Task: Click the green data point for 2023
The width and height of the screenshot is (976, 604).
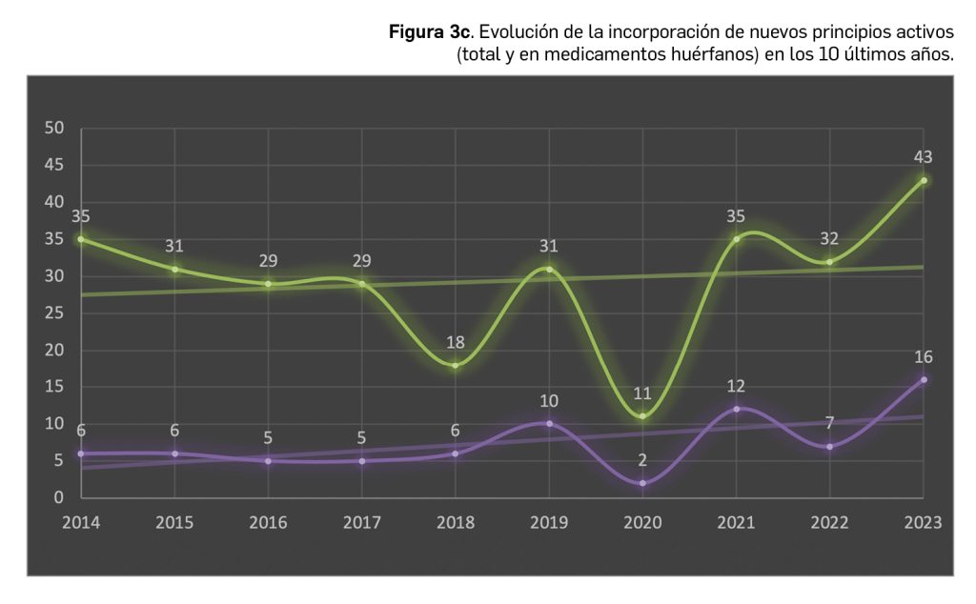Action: tap(924, 180)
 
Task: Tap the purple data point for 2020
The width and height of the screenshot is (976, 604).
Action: tap(642, 483)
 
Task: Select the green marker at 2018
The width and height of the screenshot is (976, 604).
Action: tap(456, 365)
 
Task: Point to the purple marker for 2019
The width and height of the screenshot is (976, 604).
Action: tap(549, 423)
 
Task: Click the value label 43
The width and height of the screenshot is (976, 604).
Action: tap(923, 157)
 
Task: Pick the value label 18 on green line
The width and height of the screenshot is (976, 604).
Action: tap(455, 342)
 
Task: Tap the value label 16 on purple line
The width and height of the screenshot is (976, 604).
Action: tap(923, 356)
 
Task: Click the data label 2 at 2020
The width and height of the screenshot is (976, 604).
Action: tap(642, 460)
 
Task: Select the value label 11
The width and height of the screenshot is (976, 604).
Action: tap(642, 393)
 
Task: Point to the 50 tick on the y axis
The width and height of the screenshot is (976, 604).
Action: tap(54, 129)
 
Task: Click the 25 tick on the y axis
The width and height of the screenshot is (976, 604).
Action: tap(54, 313)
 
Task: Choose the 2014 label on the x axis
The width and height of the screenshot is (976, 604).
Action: tap(81, 523)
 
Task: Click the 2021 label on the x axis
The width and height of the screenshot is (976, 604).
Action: tap(736, 523)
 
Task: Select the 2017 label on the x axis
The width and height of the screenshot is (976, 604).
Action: tap(361, 523)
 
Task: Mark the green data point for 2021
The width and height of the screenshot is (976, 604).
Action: tap(736, 239)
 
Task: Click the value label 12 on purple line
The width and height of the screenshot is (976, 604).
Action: tap(735, 386)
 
